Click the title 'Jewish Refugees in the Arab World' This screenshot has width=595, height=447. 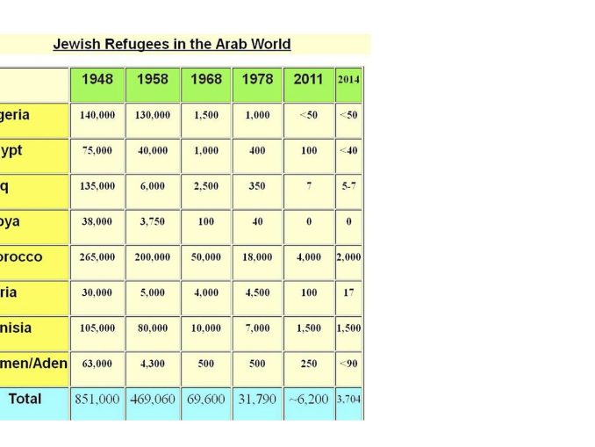[x=172, y=44]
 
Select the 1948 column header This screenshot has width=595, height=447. [x=97, y=79]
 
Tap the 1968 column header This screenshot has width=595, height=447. [x=205, y=79]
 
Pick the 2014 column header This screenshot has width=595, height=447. [x=348, y=79]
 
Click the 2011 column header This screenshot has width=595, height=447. [x=308, y=79]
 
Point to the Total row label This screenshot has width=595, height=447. [x=25, y=399]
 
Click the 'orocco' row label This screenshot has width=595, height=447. [x=21, y=257]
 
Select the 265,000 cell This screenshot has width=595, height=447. [x=97, y=257]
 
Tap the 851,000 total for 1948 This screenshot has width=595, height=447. [x=97, y=399]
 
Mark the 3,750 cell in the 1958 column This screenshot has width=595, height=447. [x=152, y=221]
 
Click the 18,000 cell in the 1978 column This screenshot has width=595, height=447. [x=256, y=257]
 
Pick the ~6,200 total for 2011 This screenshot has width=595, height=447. [x=308, y=399]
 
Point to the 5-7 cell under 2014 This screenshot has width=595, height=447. [x=348, y=186]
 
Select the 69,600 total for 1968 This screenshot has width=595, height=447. [x=205, y=399]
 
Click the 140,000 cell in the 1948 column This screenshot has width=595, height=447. [x=97, y=115]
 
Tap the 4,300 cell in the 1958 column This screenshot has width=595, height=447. [x=152, y=364]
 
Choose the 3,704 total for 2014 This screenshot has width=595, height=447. [x=348, y=399]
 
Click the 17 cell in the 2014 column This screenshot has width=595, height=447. [x=348, y=292]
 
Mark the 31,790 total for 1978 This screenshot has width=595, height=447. [x=256, y=399]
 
